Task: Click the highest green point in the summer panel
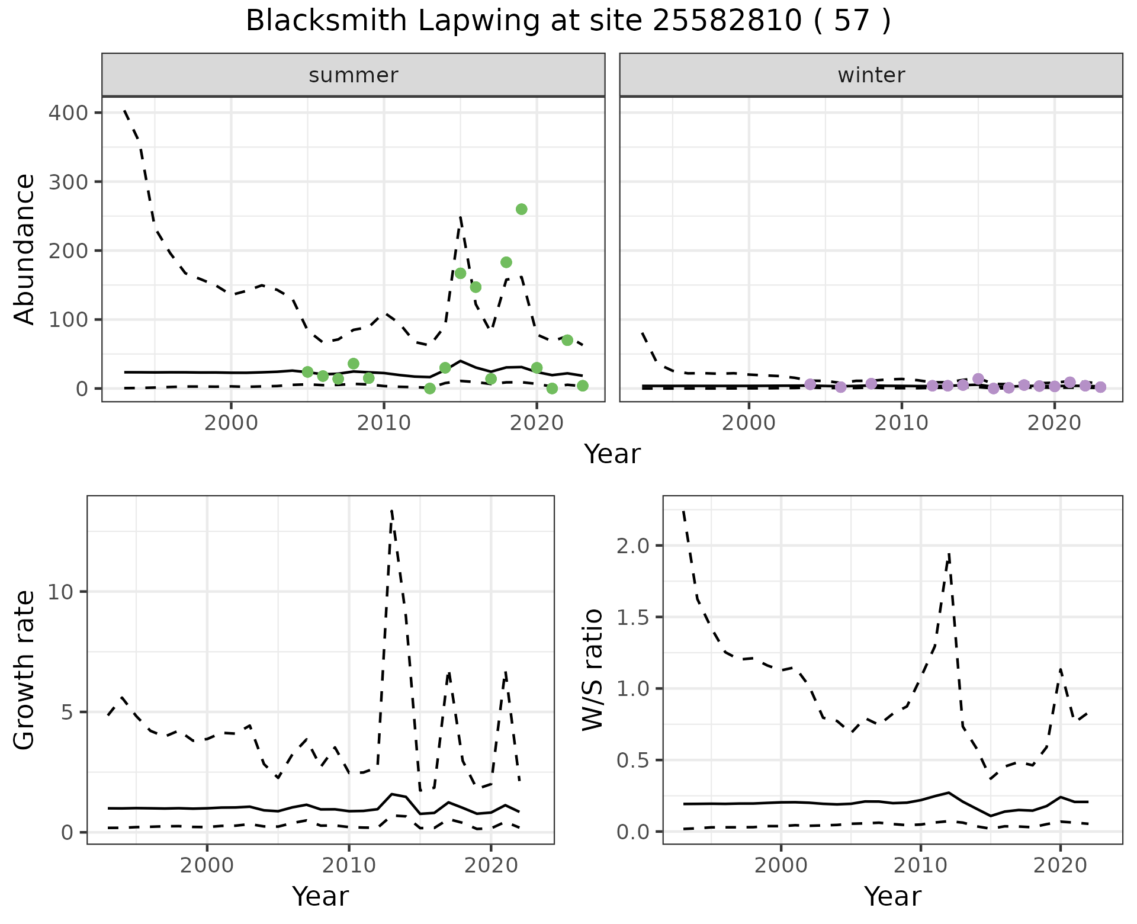tap(521, 209)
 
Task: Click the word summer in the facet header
tap(354, 75)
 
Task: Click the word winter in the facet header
tap(871, 75)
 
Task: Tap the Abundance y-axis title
tap(24, 249)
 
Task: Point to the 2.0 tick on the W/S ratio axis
tap(632, 546)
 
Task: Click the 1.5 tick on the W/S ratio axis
tap(632, 617)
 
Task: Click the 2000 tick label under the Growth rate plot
tap(207, 865)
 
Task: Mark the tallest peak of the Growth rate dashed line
tap(392, 511)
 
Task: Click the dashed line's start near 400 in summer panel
tap(125, 111)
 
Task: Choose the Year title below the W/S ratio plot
tap(892, 896)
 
